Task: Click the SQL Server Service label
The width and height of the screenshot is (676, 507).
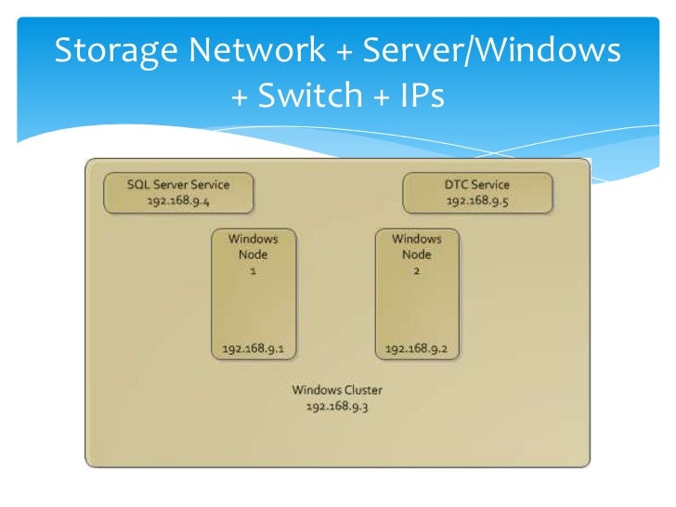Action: pyautogui.click(x=178, y=184)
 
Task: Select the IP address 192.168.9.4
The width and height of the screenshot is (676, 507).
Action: pyautogui.click(x=178, y=200)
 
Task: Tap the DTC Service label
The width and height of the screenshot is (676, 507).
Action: pyautogui.click(x=477, y=184)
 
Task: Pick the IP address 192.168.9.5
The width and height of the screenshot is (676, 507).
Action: pyautogui.click(x=477, y=200)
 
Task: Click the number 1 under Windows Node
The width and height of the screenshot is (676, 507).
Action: pyautogui.click(x=253, y=270)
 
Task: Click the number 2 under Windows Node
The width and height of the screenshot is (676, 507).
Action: pyautogui.click(x=417, y=270)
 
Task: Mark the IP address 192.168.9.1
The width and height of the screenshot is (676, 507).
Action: pyautogui.click(x=253, y=349)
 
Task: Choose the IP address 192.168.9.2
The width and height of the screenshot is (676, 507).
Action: pyautogui.click(x=417, y=349)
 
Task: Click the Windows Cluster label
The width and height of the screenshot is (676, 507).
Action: pyautogui.click(x=337, y=390)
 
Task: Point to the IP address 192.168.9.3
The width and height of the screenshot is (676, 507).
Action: pyautogui.click(x=337, y=406)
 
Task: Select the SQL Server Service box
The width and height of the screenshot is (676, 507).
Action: pyautogui.click(x=178, y=192)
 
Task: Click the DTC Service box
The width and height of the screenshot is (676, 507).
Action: pyautogui.click(x=477, y=192)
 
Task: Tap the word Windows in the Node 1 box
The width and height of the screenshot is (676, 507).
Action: pyautogui.click(x=253, y=239)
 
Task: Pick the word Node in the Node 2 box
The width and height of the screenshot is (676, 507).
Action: pyautogui.click(x=417, y=254)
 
